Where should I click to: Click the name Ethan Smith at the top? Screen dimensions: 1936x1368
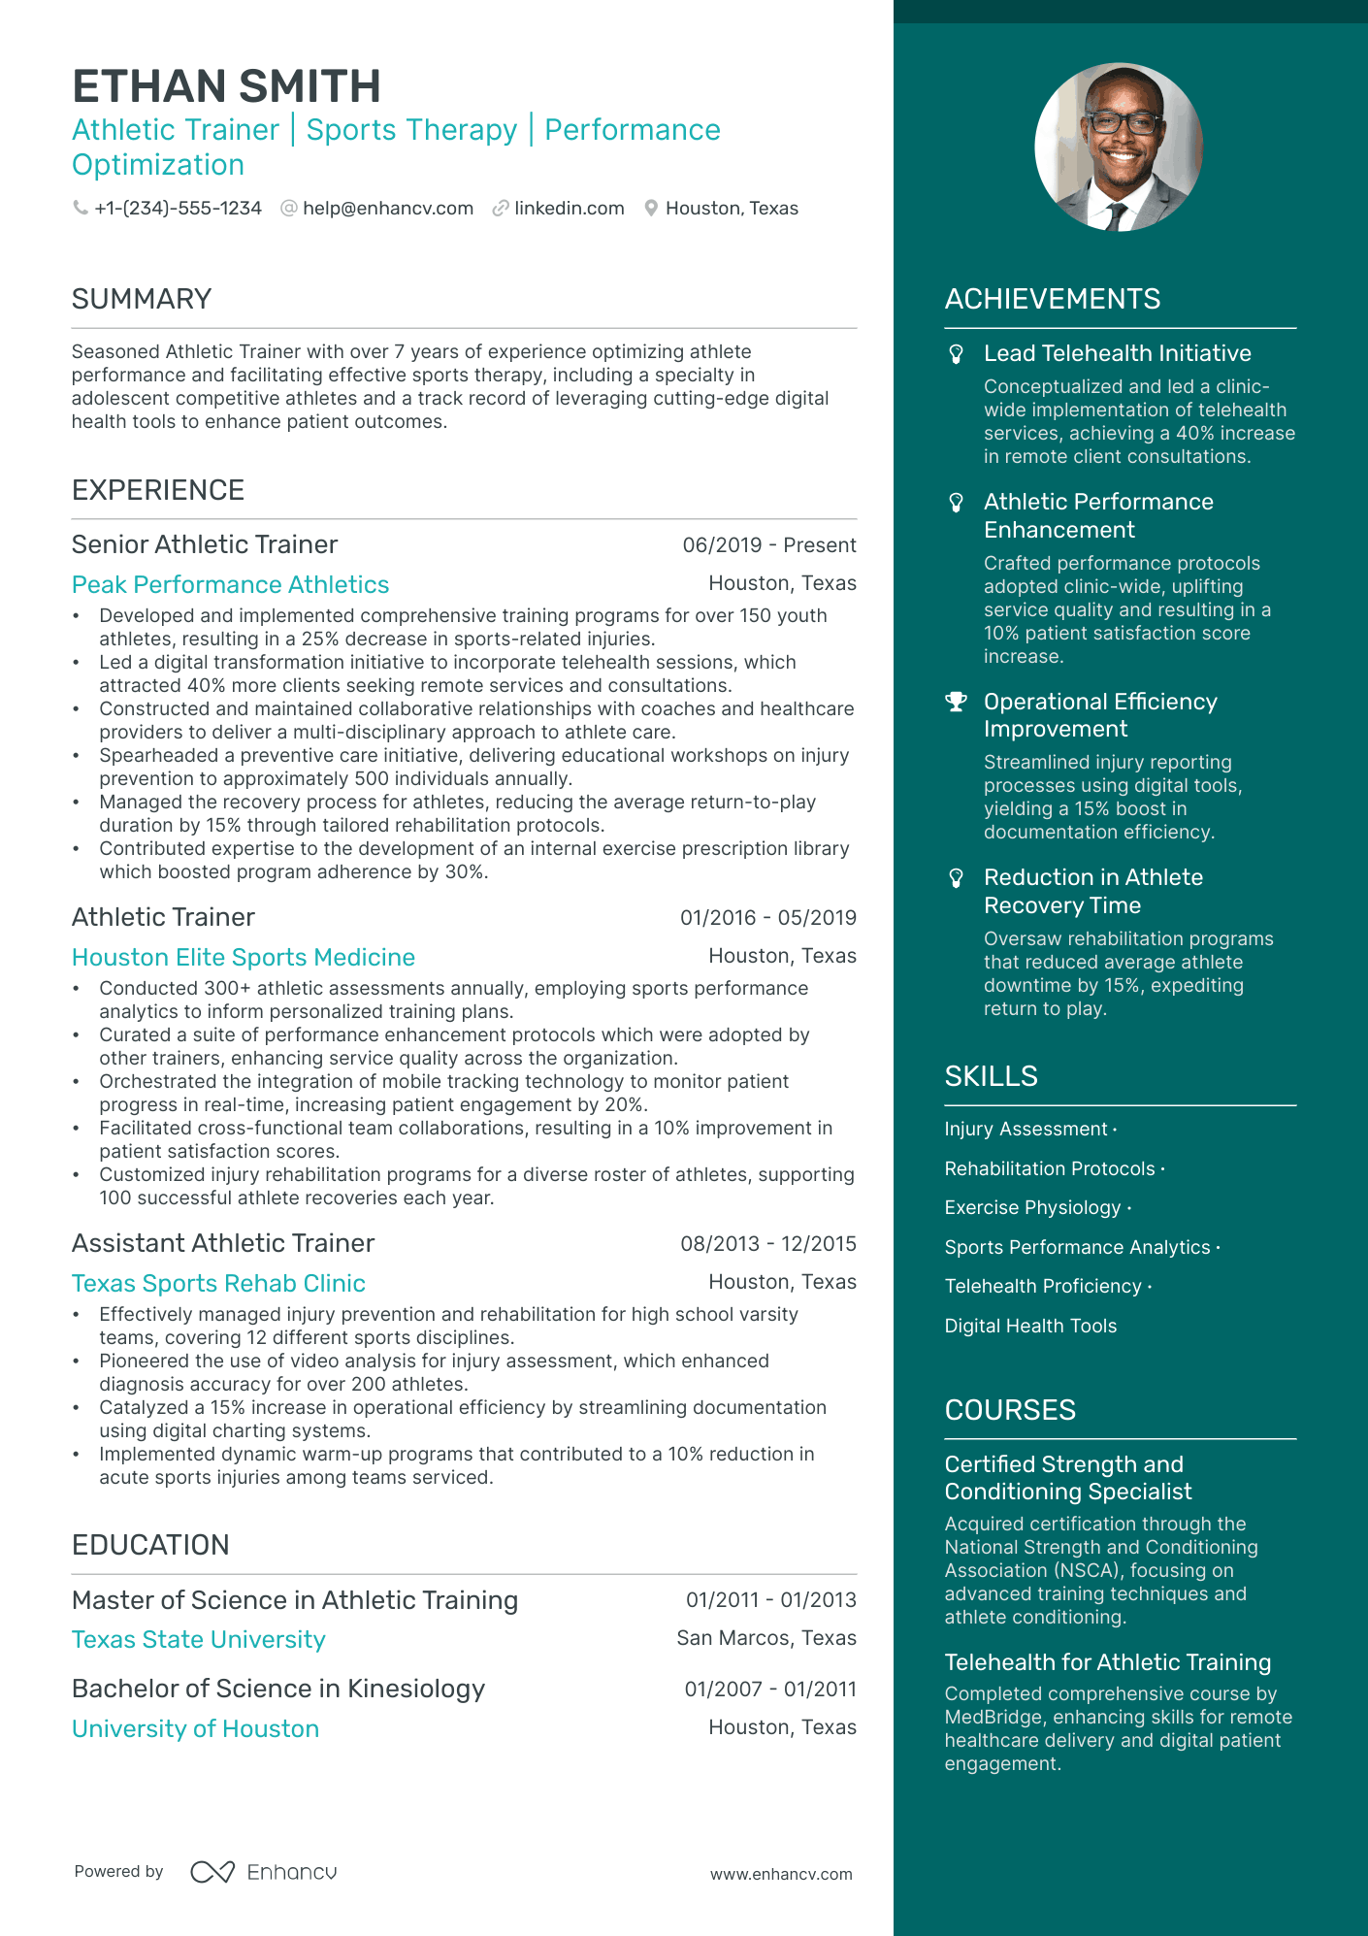click(226, 86)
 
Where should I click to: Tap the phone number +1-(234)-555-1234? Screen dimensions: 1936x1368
click(178, 209)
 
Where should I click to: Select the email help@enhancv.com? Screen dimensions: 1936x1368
click(387, 209)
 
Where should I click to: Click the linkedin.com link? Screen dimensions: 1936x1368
click(569, 209)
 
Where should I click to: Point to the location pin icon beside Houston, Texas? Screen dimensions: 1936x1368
click(651, 209)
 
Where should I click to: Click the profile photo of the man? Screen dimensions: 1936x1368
click(1119, 148)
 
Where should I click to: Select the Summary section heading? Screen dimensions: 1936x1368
click(142, 299)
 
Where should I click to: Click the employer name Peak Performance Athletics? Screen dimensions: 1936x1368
click(230, 585)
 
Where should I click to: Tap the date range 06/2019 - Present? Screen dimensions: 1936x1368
click(768, 545)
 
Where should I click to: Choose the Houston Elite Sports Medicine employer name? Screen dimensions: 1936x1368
click(244, 958)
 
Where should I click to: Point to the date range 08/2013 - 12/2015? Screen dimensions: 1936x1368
click(767, 1244)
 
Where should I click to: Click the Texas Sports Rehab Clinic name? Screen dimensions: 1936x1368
click(218, 1284)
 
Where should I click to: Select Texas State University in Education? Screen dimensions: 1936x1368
click(199, 1640)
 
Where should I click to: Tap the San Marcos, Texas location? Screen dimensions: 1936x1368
click(765, 1639)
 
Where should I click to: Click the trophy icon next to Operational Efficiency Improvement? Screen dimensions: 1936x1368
click(957, 702)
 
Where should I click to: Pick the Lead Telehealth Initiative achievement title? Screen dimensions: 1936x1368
click(1117, 354)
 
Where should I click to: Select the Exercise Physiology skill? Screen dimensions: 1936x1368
click(1032, 1208)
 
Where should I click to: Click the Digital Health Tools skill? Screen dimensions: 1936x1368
click(1030, 1327)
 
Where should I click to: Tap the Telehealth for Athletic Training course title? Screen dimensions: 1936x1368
click(1107, 1663)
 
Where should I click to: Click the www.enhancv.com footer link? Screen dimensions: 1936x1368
click(780, 1875)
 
